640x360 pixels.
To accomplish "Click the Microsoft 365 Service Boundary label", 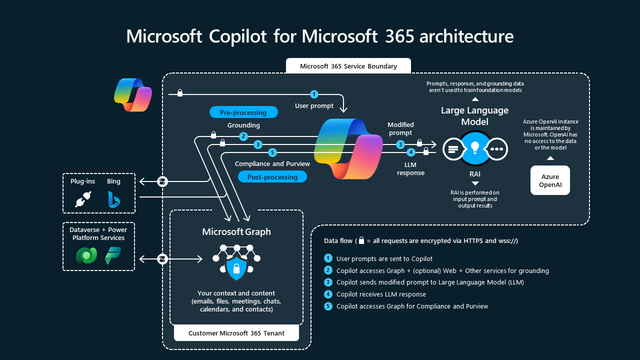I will (348, 66).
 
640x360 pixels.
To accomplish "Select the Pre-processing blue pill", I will (243, 112).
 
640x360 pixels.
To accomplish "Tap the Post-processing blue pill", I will (272, 177).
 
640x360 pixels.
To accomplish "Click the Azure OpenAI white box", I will (550, 180).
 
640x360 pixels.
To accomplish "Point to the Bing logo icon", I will (114, 199).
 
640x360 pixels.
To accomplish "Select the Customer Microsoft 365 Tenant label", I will (236, 333).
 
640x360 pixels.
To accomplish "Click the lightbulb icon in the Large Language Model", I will (475, 148).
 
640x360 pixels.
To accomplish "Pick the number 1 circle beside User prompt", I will (314, 94).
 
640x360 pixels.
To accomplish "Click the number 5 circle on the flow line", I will (272, 152).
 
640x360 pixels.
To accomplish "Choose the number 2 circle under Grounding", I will (243, 136).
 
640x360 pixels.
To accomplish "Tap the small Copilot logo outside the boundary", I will (132, 94).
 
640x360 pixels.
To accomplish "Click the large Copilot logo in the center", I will (348, 148).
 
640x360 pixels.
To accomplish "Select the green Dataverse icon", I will (86, 255).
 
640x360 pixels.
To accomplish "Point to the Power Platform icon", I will (112, 255).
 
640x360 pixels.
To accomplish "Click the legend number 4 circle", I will (328, 294).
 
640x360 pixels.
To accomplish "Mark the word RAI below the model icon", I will (475, 174).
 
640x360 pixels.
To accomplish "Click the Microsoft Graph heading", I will (236, 231).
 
